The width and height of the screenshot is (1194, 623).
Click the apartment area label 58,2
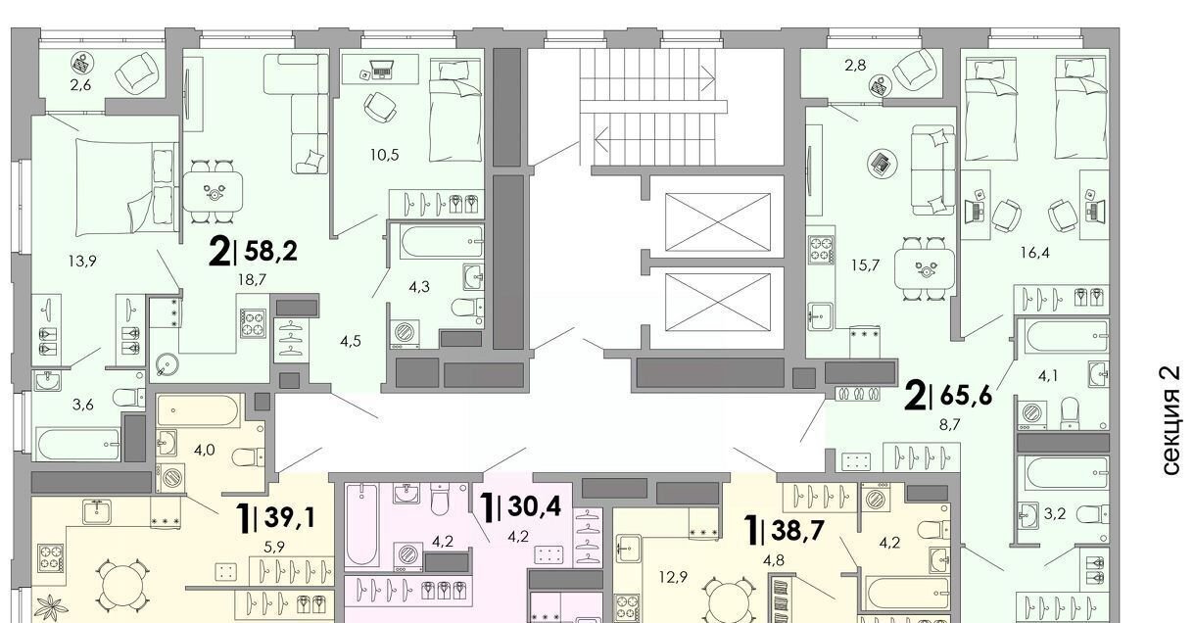pyautogui.click(x=270, y=251)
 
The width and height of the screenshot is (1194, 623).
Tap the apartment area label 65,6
pyautogui.click(x=966, y=396)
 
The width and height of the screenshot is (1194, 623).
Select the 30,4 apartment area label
pyautogui.click(x=535, y=505)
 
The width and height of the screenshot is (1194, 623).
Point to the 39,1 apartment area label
pyautogui.click(x=288, y=517)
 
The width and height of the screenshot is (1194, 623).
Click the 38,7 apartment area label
pyautogui.click(x=798, y=530)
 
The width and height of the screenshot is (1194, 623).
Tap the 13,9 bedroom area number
pyautogui.click(x=82, y=262)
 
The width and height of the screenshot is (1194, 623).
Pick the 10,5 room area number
pyautogui.click(x=384, y=155)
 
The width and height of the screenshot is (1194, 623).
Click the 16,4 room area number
pyautogui.click(x=1034, y=252)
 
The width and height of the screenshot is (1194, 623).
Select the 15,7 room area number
pyautogui.click(x=865, y=264)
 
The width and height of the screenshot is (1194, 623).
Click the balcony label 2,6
pyautogui.click(x=80, y=85)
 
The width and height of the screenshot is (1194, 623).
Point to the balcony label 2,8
pyautogui.click(x=855, y=66)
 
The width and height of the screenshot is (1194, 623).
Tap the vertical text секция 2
pyautogui.click(x=1170, y=420)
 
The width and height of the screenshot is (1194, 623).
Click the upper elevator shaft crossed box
pyautogui.click(x=717, y=221)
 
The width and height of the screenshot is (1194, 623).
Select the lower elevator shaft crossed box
pyautogui.click(x=717, y=302)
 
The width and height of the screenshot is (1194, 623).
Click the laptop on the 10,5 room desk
pyautogui.click(x=382, y=69)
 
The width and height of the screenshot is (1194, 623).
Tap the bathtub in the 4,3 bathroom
pyautogui.click(x=442, y=242)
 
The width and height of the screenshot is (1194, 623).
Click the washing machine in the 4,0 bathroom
pyautogui.click(x=171, y=477)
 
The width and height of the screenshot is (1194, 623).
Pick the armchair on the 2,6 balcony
pyautogui.click(x=136, y=72)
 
